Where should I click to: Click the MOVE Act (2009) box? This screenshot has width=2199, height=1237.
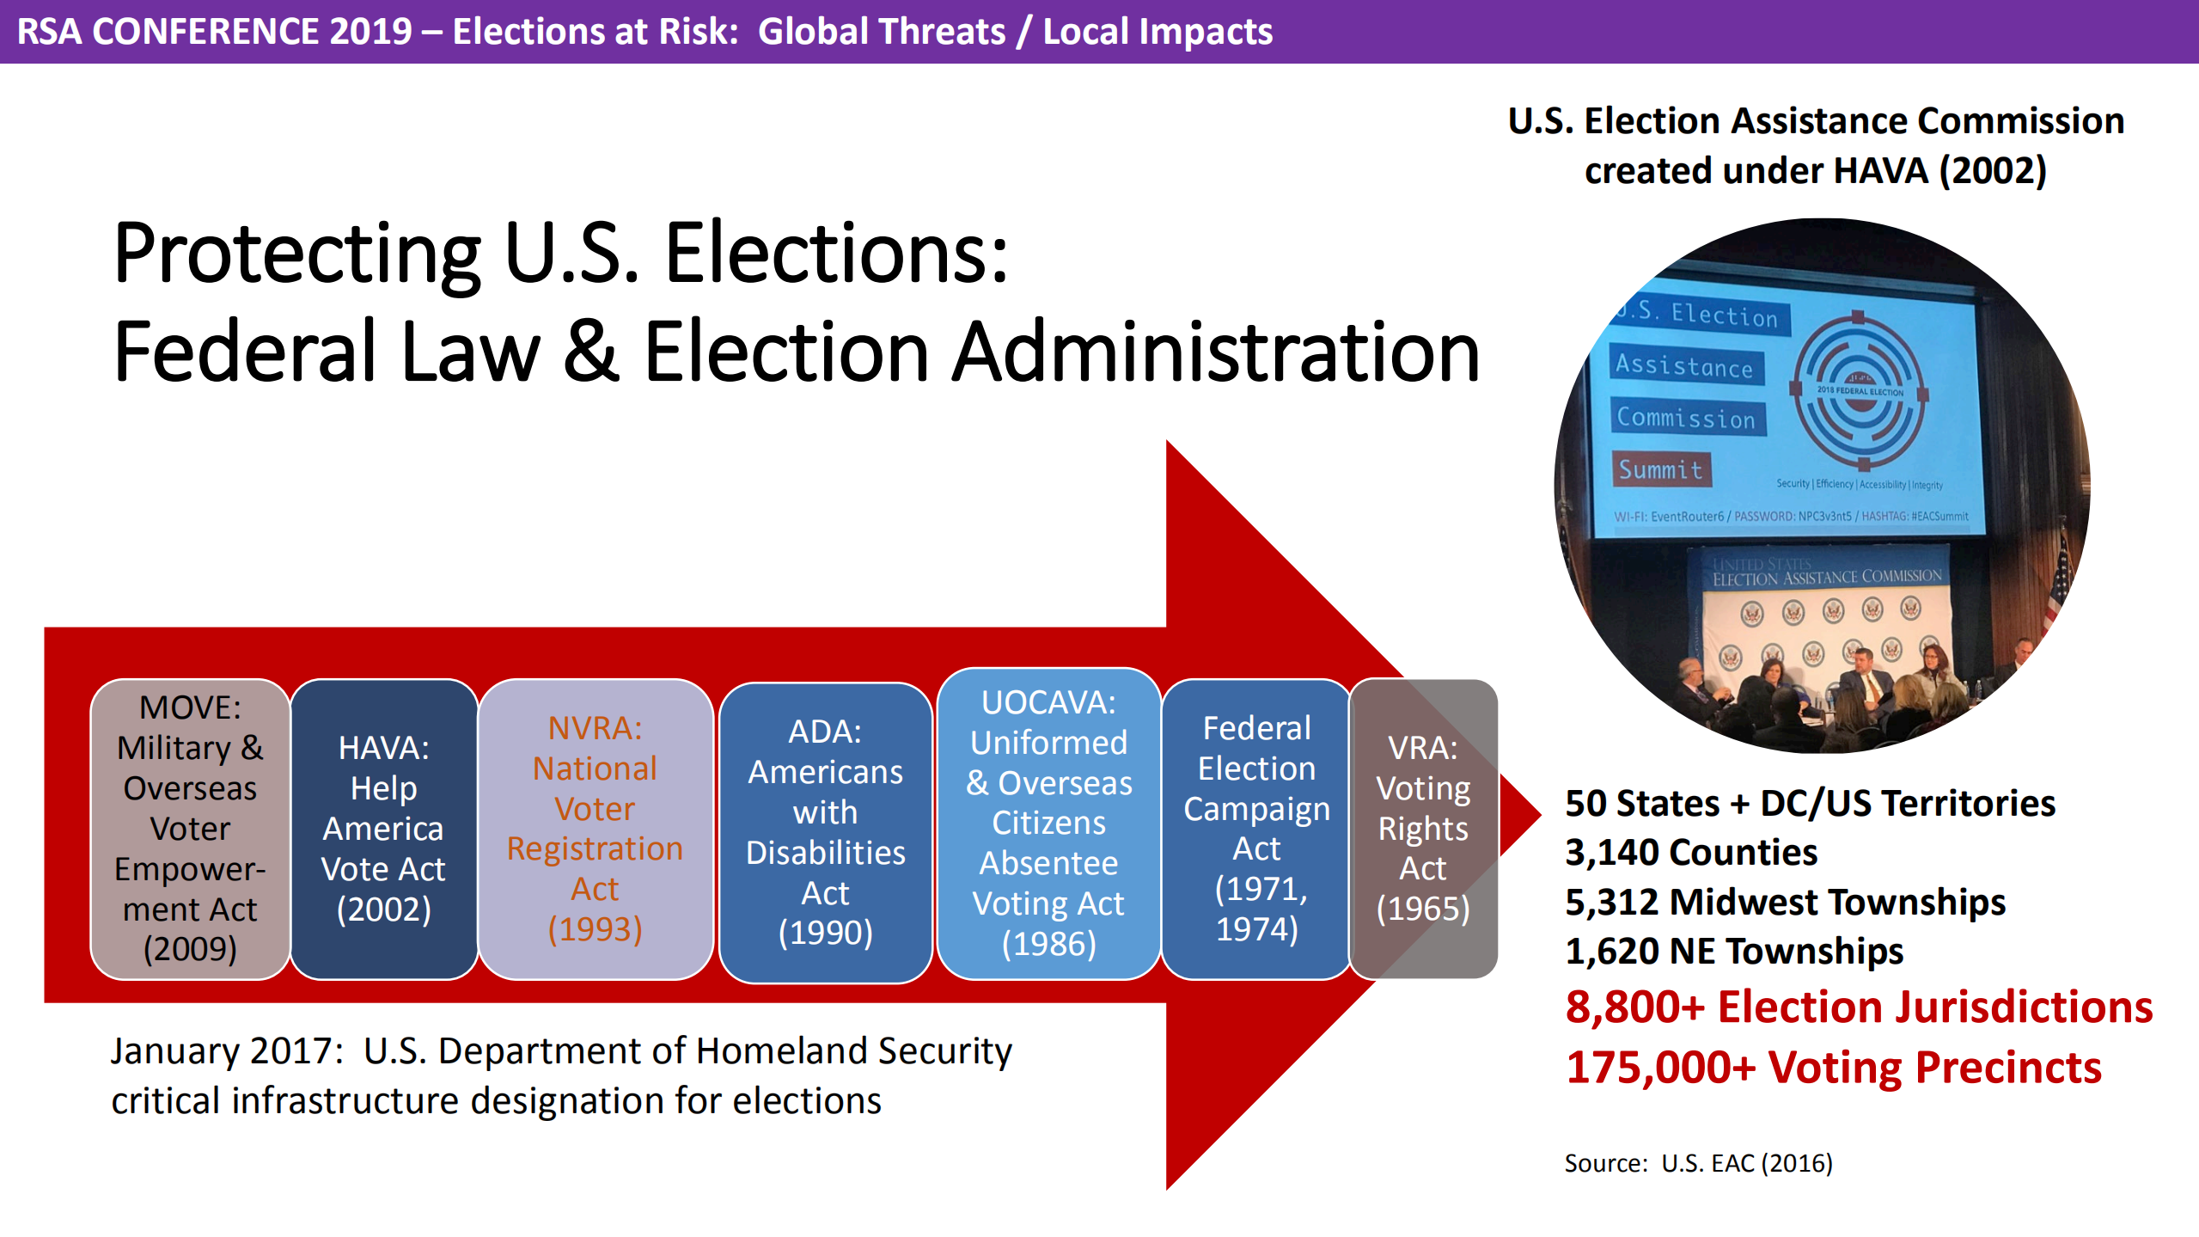[x=190, y=829]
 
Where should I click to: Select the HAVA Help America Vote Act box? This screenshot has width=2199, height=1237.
[x=383, y=829]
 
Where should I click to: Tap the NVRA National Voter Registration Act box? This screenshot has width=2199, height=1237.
[x=595, y=829]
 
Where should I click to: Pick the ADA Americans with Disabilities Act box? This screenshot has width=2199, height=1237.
[x=825, y=832]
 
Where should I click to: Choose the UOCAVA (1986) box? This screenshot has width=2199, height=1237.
[x=1048, y=824]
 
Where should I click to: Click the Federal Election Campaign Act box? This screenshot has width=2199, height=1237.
[x=1256, y=829]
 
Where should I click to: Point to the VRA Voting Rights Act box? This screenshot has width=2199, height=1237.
[x=1423, y=829]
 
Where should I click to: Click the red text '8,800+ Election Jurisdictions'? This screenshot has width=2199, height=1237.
[x=1859, y=1007]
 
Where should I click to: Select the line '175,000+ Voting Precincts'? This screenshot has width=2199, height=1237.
[x=1833, y=1068]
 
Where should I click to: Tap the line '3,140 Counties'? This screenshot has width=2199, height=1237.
[x=1690, y=853]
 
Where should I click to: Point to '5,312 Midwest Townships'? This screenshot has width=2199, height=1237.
[x=1785, y=902]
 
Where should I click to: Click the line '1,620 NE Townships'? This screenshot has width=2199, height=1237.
[x=1733, y=952]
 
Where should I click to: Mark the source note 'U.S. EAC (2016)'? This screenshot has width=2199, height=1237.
[x=1746, y=1163]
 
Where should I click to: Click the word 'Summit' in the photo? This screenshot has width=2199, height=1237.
[x=1660, y=469]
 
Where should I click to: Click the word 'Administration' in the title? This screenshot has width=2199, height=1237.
[x=1215, y=352]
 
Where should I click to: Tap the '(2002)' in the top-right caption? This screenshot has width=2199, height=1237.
[x=1993, y=170]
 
